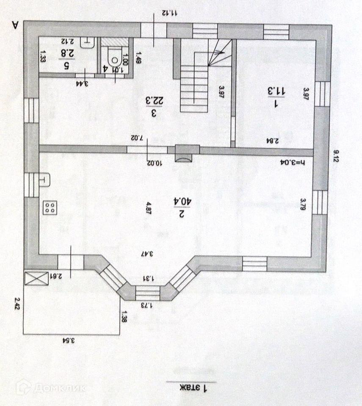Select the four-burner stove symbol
coord(50,207)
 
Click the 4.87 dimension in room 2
coord(148,207)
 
